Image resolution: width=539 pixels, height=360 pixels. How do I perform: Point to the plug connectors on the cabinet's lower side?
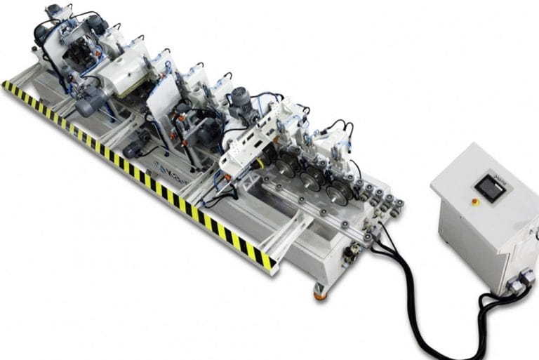click(x=521, y=281)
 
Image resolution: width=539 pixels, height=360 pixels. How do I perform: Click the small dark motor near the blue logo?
click(x=133, y=148)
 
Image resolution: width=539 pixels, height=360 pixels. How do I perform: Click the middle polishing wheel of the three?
click(x=311, y=178)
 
